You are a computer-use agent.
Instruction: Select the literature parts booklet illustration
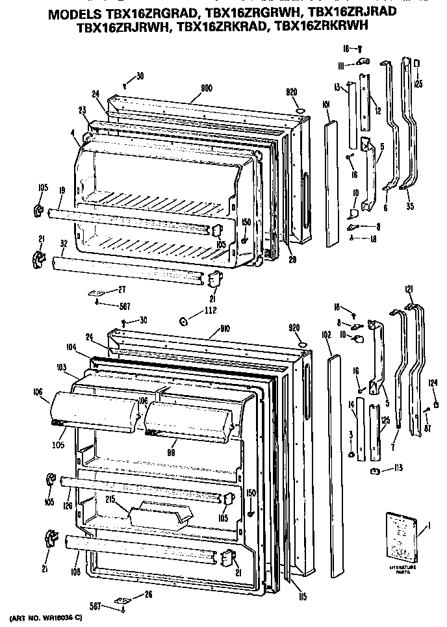click(x=401, y=537)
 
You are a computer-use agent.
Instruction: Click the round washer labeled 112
click(x=184, y=320)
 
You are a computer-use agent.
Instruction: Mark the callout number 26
click(x=150, y=595)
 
